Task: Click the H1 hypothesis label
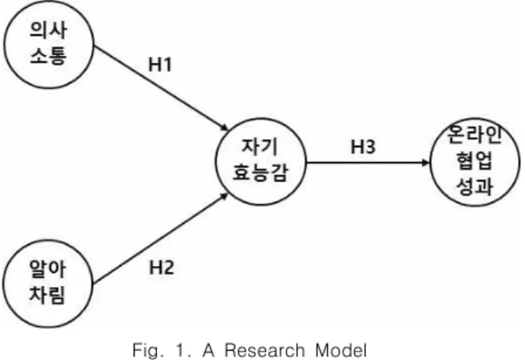click(x=160, y=64)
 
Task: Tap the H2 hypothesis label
click(x=161, y=268)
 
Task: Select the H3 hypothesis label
click(x=363, y=146)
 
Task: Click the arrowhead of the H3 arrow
click(x=426, y=163)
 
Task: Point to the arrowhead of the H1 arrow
click(x=225, y=128)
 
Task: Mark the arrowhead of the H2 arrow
click(x=225, y=196)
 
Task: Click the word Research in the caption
click(x=264, y=351)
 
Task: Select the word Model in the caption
click(x=341, y=351)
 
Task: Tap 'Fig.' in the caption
click(x=148, y=351)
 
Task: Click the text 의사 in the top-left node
click(x=49, y=31)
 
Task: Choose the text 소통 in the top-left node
click(x=49, y=56)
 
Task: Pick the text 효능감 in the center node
click(x=261, y=173)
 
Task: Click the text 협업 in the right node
click(x=474, y=161)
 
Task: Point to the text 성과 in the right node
click(x=474, y=186)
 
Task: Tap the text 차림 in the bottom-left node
click(x=47, y=295)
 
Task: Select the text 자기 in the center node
click(x=260, y=146)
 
